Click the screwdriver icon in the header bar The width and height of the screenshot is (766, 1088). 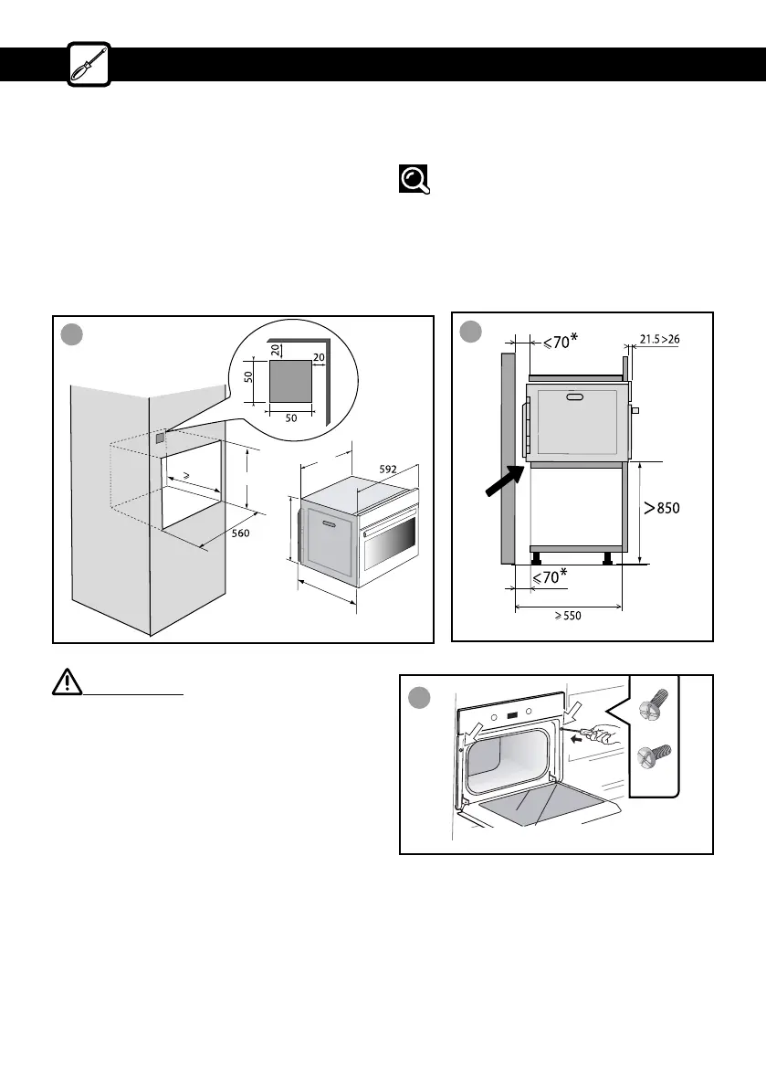coord(89,63)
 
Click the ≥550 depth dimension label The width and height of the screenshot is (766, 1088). coord(563,616)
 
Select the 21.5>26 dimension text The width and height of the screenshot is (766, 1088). coord(658,340)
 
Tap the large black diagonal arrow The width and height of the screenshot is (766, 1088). coord(503,481)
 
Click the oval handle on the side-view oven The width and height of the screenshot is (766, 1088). coord(573,397)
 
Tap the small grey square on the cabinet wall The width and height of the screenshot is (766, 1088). coord(160,438)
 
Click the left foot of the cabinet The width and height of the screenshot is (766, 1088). coord(536,556)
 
